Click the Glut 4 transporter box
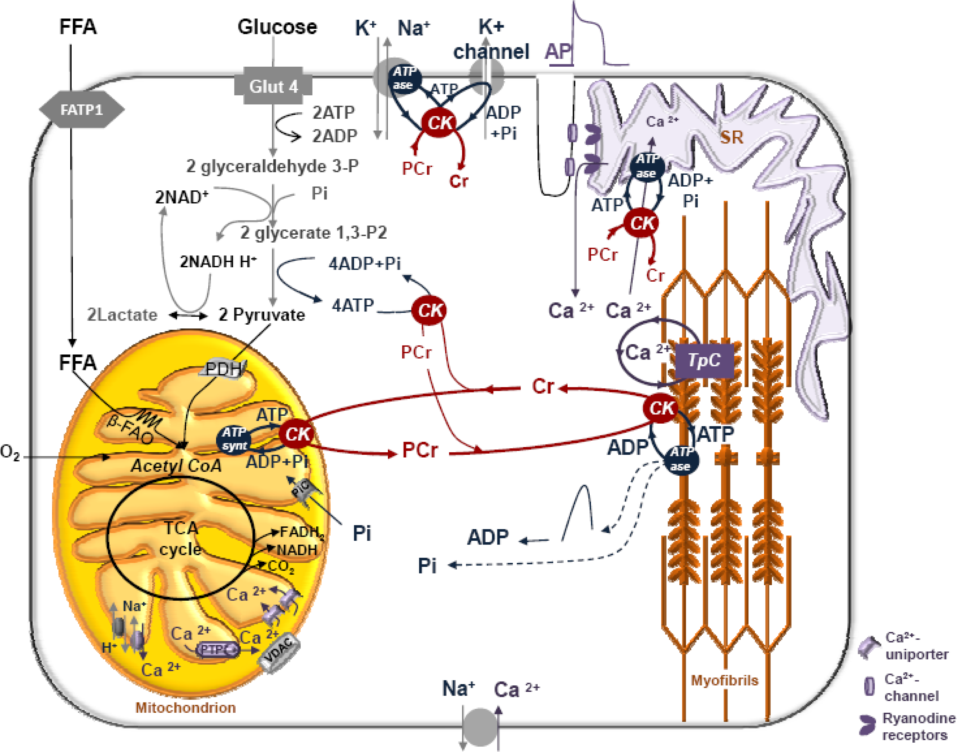(x=273, y=86)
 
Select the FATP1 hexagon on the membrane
(x=81, y=110)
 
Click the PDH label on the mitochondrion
(x=224, y=369)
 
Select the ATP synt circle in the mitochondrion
(x=233, y=439)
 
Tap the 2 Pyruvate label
(x=262, y=315)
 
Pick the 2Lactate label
(x=122, y=315)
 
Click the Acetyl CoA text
(x=176, y=466)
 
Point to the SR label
(x=731, y=137)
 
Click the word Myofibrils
(x=725, y=681)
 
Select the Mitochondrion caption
(x=185, y=707)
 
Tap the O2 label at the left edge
(x=10, y=452)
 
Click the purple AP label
(x=558, y=52)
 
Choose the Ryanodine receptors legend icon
(x=867, y=725)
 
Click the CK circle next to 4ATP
(x=429, y=310)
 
